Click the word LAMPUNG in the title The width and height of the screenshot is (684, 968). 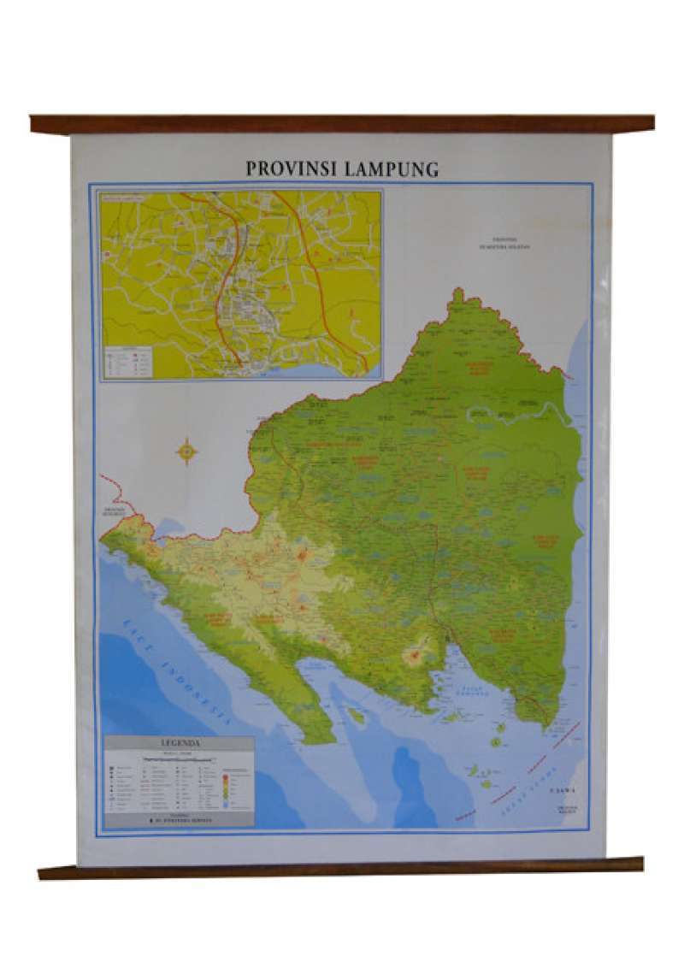pos(392,168)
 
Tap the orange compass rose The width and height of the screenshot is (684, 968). pos(186,451)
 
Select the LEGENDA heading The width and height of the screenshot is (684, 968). pos(180,743)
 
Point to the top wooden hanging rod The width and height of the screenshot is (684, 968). pos(342,124)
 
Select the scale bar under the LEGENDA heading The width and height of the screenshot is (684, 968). pos(179,758)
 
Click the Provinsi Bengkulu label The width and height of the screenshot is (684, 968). pos(114,511)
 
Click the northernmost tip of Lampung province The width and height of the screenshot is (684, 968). pos(459,293)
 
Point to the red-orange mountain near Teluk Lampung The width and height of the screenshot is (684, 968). pos(416,657)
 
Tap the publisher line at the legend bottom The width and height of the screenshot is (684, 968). pos(180,820)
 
